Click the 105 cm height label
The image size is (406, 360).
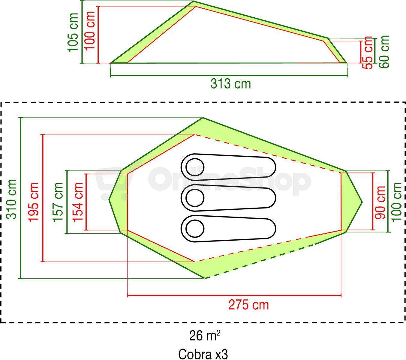point(73,32)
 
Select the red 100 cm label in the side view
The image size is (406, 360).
point(89,31)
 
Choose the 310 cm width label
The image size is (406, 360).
point(11,199)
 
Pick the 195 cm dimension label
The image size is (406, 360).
point(33,202)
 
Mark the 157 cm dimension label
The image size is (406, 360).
point(58,202)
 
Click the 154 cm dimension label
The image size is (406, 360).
point(78,202)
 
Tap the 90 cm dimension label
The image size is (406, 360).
point(380,202)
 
